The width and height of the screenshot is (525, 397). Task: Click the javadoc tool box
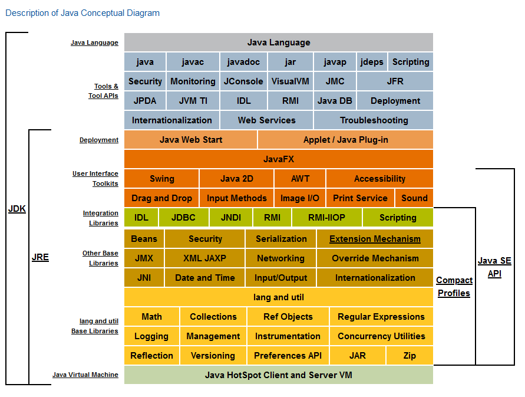tap(243, 62)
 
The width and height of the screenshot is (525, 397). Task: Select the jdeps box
tap(372, 62)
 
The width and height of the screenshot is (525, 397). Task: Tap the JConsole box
tap(243, 81)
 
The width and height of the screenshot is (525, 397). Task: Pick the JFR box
tap(395, 81)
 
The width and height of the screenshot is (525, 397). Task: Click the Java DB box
tap(335, 101)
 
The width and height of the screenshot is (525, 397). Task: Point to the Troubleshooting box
tap(374, 120)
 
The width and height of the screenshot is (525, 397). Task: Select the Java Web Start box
tap(190, 139)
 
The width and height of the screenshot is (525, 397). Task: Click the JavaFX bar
tap(279, 159)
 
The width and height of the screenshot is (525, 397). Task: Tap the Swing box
tap(161, 178)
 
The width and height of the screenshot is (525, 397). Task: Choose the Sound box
tap(414, 198)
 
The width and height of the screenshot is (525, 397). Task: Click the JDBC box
tap(183, 217)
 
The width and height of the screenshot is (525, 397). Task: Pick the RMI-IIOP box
tap(327, 217)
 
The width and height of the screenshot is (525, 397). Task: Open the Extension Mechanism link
tap(375, 239)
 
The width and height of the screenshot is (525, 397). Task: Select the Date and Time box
tap(204, 278)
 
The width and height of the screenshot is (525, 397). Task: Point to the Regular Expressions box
tap(381, 317)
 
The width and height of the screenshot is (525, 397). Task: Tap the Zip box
tap(410, 356)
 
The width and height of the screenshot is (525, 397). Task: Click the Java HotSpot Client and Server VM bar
tap(279, 375)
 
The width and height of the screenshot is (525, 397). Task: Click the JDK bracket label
tap(17, 209)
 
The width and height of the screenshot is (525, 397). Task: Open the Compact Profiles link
tap(454, 286)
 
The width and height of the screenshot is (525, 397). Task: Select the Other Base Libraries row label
tap(100, 258)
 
